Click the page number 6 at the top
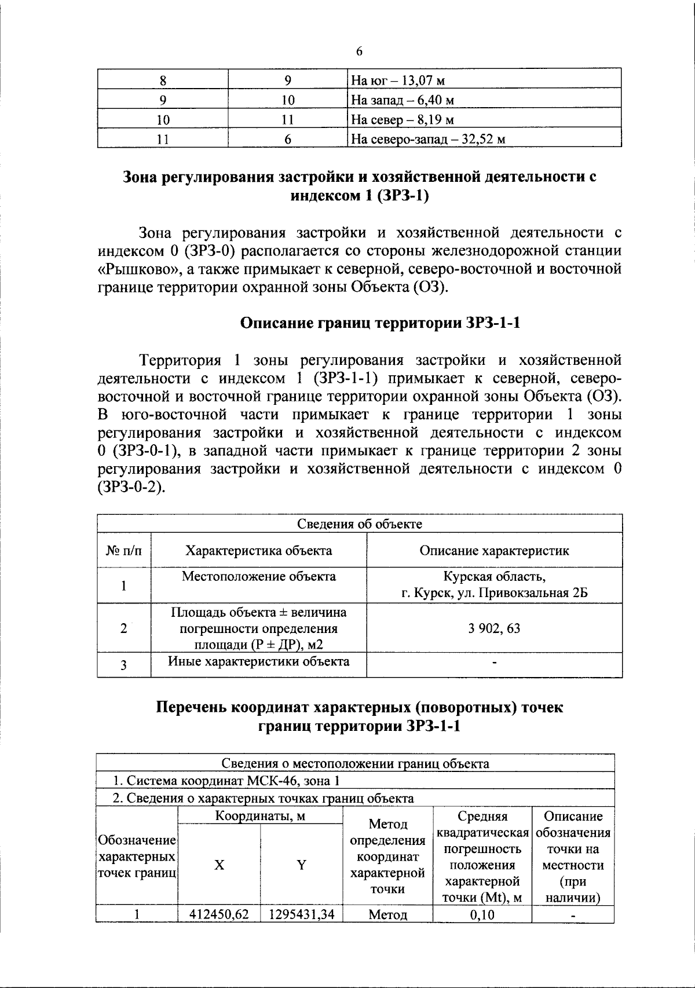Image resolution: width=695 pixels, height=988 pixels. [x=359, y=52]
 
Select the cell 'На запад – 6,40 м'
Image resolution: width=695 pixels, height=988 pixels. [x=402, y=100]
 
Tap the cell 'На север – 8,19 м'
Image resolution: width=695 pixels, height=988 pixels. [x=402, y=120]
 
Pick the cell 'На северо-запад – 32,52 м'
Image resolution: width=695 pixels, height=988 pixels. [x=428, y=140]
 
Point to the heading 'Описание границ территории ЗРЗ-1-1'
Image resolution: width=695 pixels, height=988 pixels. [x=380, y=323]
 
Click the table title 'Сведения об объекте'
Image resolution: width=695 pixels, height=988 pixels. [x=359, y=524]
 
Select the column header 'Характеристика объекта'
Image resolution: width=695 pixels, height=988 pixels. [x=258, y=551]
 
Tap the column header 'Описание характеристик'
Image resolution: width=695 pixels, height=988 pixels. [x=494, y=551]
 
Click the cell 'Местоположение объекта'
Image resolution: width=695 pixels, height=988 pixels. [x=258, y=577]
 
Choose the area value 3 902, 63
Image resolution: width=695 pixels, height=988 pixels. [x=494, y=628]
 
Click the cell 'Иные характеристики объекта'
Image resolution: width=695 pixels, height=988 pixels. [x=258, y=661]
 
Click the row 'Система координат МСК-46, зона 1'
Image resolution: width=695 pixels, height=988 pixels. [x=226, y=781]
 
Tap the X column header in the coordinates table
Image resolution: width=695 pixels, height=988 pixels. [x=219, y=865]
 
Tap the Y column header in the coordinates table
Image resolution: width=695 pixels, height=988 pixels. [x=301, y=865]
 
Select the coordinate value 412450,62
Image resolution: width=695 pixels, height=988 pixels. [x=219, y=915]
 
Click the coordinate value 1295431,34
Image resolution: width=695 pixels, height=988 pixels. [x=301, y=915]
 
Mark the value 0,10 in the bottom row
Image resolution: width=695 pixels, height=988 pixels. [x=482, y=915]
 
